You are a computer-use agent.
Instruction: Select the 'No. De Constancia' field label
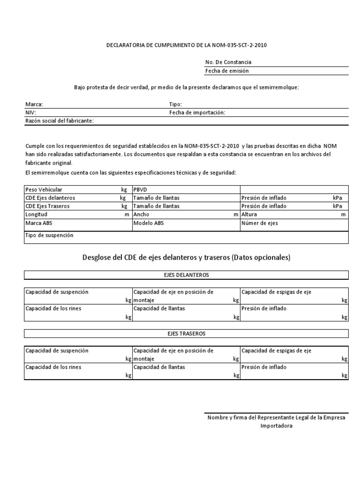(x=228, y=62)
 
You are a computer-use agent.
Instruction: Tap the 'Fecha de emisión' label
(x=227, y=71)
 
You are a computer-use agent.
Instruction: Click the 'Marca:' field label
(x=34, y=104)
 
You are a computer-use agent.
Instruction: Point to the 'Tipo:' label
(x=175, y=104)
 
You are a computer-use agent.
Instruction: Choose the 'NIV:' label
(x=30, y=112)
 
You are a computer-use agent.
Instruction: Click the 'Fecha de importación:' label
(x=197, y=112)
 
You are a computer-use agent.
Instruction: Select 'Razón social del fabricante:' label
(x=60, y=121)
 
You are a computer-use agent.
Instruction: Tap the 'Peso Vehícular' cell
(x=43, y=189)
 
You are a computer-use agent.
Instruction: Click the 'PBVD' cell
(x=141, y=189)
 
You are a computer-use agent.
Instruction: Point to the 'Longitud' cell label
(x=36, y=214)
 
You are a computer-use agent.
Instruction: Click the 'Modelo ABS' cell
(x=149, y=223)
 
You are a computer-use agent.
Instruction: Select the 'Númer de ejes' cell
(x=260, y=223)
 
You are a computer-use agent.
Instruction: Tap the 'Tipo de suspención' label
(x=49, y=235)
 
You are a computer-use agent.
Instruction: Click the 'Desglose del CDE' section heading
(x=186, y=257)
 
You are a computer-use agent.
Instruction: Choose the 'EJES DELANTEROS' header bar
(x=186, y=275)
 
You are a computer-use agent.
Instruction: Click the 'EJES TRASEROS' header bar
(x=186, y=333)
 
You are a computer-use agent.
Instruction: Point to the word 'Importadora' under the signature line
(x=276, y=426)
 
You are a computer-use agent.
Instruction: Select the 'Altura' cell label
(x=249, y=214)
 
